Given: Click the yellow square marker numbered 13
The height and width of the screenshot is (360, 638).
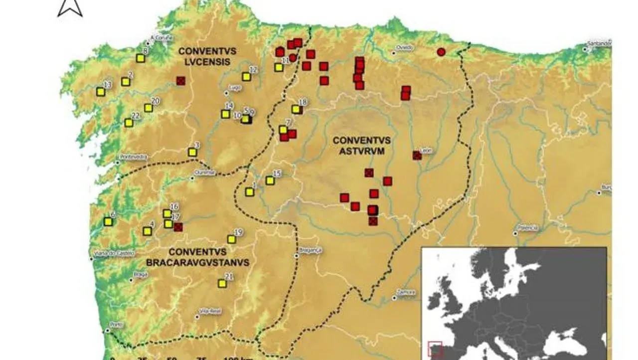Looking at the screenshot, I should (101, 92).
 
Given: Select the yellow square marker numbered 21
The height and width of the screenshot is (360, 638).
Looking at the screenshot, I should (222, 284).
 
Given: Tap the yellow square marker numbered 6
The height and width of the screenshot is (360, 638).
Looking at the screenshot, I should (108, 221).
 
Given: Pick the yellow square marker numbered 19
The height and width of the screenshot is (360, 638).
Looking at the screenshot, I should (232, 239).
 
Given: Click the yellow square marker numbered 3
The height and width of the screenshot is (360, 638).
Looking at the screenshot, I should (192, 152).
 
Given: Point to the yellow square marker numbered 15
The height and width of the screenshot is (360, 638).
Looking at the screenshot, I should (270, 180).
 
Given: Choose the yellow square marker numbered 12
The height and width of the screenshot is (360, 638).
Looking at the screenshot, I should (246, 77).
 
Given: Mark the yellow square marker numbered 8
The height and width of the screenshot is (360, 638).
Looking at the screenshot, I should (141, 58).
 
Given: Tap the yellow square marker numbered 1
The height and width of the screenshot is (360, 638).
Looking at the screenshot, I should (250, 192).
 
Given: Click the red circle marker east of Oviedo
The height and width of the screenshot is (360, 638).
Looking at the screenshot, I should (441, 52).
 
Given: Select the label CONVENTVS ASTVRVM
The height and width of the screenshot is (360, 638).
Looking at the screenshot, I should (362, 145).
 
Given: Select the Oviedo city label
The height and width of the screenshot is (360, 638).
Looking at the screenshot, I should (405, 47).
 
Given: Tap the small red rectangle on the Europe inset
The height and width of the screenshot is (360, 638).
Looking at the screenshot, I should (435, 348).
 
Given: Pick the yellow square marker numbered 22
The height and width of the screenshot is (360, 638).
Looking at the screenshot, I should (129, 123).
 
